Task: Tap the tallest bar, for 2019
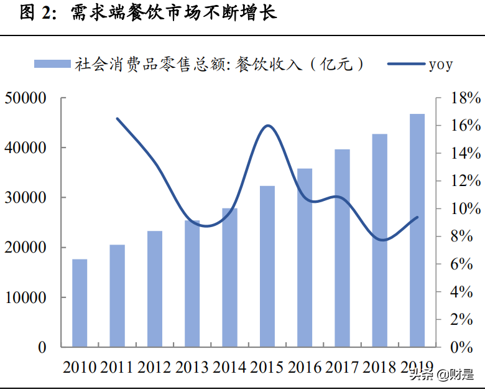tap(417, 230)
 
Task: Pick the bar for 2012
tap(155, 289)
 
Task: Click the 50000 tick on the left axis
tap(26, 98)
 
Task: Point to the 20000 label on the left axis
tap(26, 248)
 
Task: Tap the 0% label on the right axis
tap(465, 347)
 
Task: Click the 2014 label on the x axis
tap(230, 367)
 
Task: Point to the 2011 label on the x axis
tap(117, 367)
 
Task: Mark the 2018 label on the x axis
tap(380, 367)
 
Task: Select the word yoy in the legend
tap(440, 64)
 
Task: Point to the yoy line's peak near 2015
tap(268, 126)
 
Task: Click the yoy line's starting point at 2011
tap(117, 118)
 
